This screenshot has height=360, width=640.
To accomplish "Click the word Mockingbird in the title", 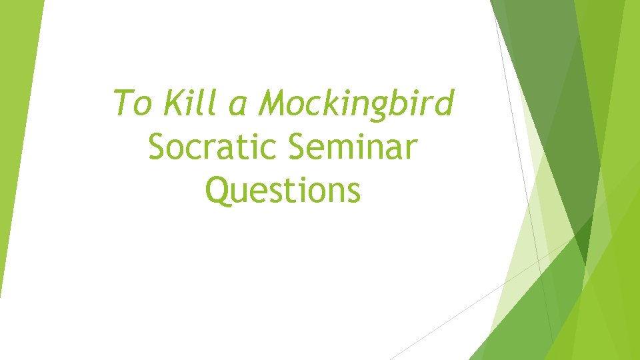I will (357, 104).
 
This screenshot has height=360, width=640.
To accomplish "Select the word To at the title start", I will (132, 103).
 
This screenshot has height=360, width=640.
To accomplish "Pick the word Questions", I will (283, 190).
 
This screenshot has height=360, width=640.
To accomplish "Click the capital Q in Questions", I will (219, 190).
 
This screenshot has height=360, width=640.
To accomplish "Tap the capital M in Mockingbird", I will (275, 103).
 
